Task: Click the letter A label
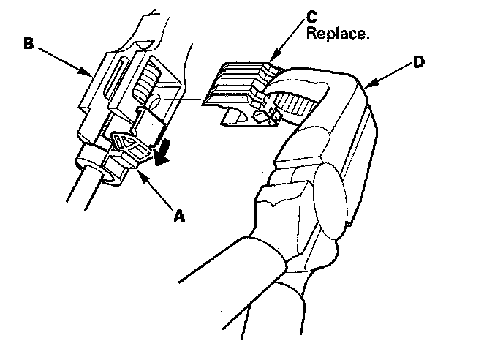(x=177, y=216)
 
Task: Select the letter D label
(x=418, y=63)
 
